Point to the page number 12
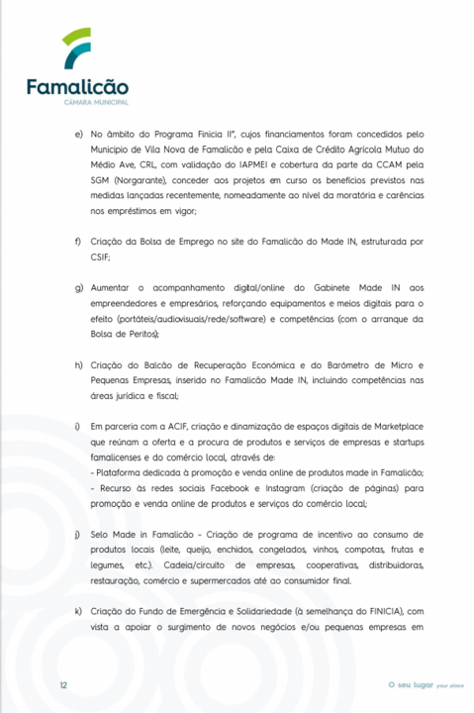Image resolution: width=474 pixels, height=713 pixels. coord(62,684)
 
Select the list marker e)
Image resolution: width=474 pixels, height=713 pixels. coord(78,132)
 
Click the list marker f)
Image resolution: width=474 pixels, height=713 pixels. coord(78,241)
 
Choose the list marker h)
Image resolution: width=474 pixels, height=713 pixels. coord(78,365)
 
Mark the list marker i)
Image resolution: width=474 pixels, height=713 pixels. coord(78,425)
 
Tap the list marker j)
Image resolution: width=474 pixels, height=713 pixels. coord(78,534)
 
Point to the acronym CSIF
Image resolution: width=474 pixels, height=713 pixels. coord(101,256)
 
